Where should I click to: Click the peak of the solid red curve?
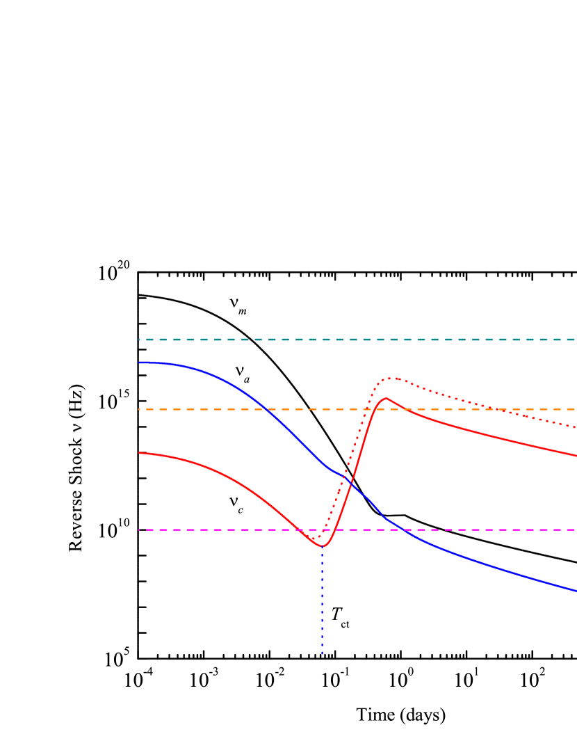point(386,399)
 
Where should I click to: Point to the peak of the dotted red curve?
point(393,378)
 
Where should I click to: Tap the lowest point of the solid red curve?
point(323,546)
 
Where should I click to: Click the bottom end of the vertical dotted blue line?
point(323,654)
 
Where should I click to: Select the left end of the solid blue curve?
point(139,363)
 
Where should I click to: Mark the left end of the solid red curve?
point(139,453)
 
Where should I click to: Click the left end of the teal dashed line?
point(139,340)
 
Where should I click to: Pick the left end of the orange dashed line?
point(139,409)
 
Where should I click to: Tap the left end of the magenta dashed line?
point(139,530)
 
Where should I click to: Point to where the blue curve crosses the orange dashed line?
point(268,409)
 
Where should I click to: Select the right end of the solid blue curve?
point(576,591)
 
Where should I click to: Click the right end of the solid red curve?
point(576,456)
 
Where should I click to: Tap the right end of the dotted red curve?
point(576,427)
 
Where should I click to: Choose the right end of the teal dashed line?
point(576,340)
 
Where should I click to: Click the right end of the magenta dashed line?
point(576,530)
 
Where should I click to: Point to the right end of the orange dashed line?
point(576,409)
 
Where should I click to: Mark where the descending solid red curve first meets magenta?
point(300,530)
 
